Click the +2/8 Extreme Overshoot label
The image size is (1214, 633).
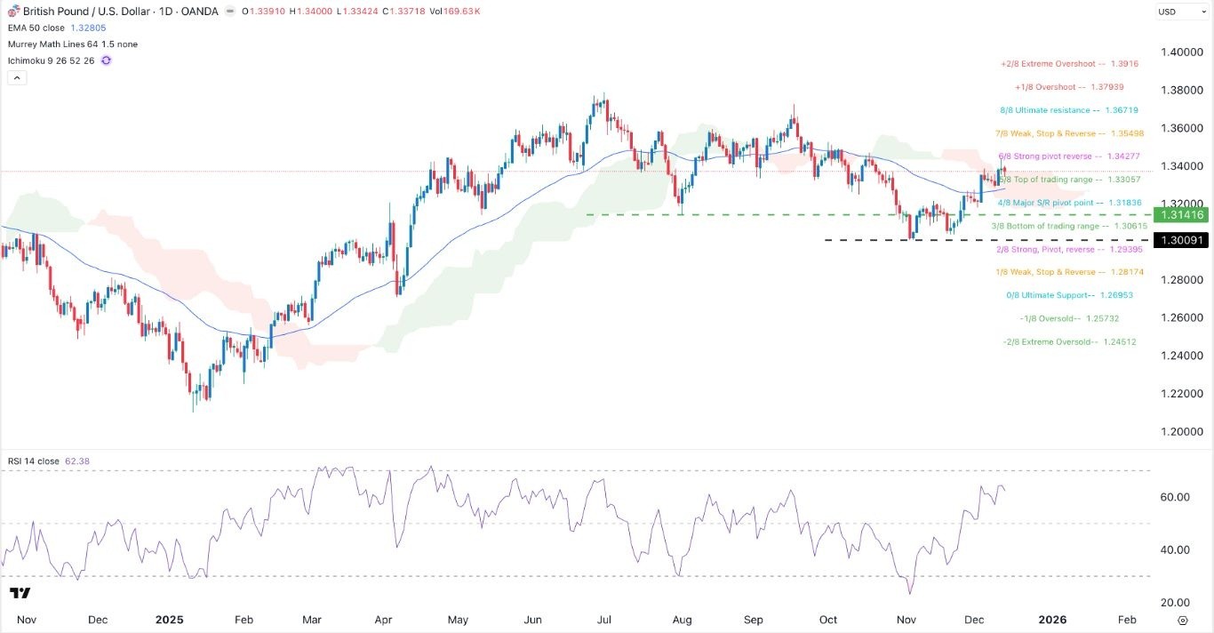click(x=1069, y=65)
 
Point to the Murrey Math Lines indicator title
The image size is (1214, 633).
click(x=72, y=44)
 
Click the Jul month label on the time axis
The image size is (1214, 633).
click(x=603, y=619)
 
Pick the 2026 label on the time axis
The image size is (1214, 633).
click(x=1053, y=619)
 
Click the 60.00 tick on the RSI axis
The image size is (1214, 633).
click(x=1174, y=497)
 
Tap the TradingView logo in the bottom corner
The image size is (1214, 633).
click(x=20, y=593)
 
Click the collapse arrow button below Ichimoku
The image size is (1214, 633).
click(x=17, y=77)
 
